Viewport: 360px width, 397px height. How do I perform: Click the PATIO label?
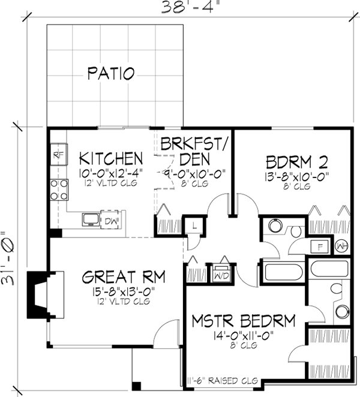click(x=111, y=74)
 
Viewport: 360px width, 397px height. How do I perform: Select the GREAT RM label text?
click(x=124, y=277)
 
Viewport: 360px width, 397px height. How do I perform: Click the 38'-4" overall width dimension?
click(x=190, y=8)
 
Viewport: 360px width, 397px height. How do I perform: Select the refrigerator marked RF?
click(x=58, y=155)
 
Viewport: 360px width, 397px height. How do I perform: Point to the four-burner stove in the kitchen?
click(x=58, y=190)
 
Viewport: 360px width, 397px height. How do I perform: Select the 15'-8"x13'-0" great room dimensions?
click(x=124, y=294)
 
